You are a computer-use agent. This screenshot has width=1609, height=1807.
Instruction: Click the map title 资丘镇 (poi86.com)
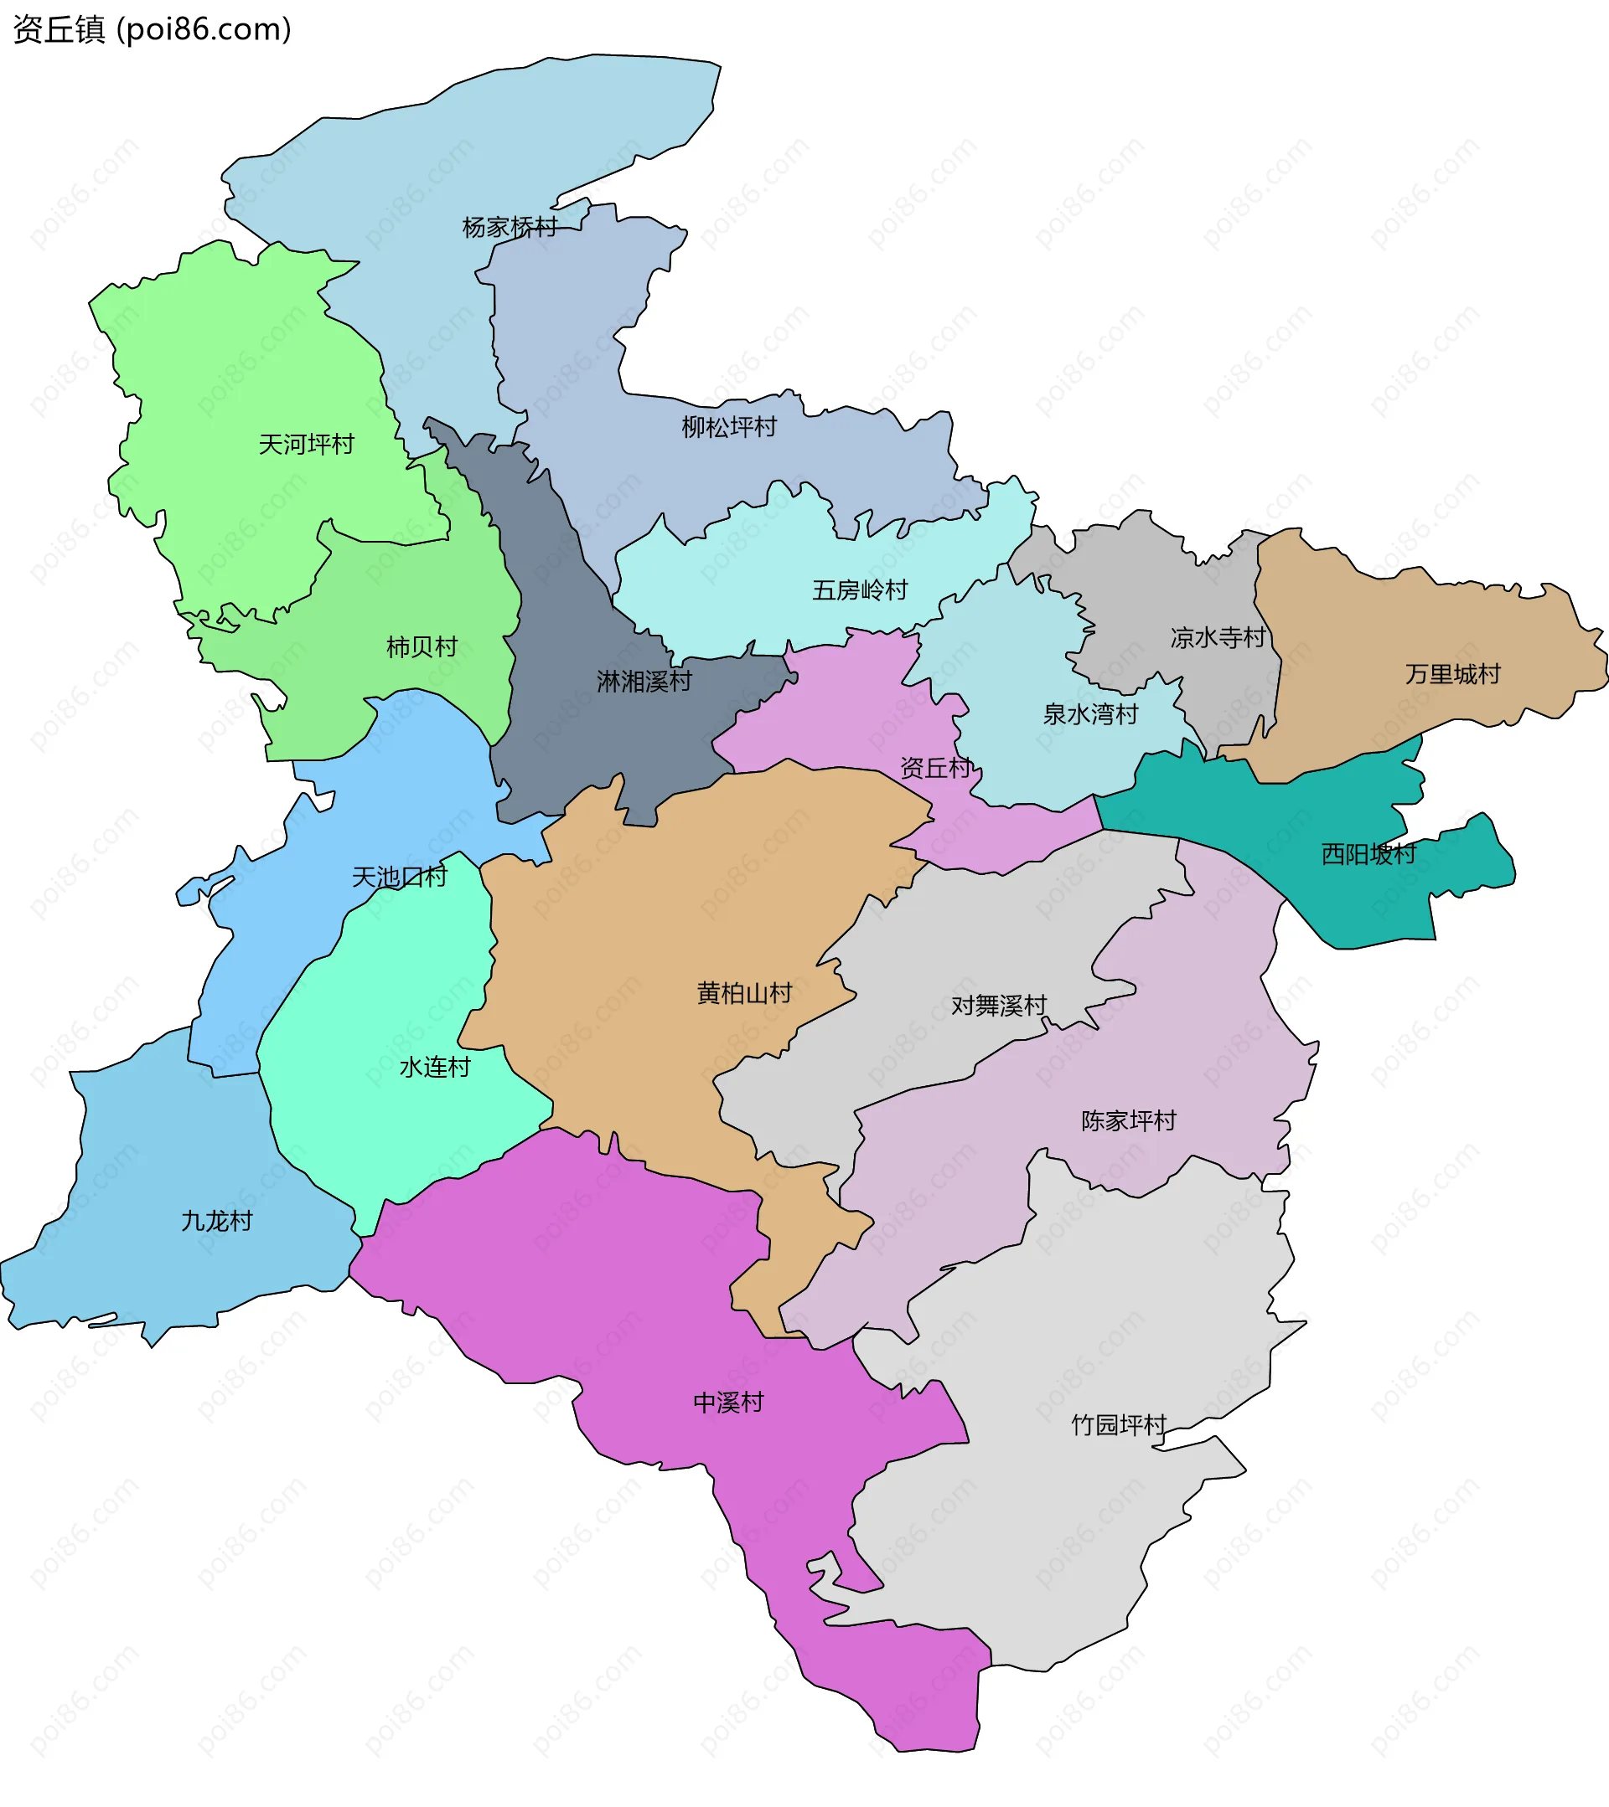click(x=153, y=30)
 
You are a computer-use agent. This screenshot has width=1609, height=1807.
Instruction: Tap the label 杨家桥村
click(x=510, y=228)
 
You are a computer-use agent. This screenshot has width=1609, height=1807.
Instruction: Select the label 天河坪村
click(x=306, y=445)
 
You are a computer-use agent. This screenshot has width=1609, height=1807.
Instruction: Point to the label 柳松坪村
click(x=729, y=428)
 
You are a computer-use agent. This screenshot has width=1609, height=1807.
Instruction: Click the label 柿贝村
click(x=422, y=647)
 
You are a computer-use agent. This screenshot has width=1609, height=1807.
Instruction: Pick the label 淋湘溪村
click(x=644, y=682)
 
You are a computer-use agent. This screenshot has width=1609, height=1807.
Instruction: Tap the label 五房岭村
click(x=860, y=590)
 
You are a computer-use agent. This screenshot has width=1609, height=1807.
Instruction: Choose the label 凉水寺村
click(x=1218, y=637)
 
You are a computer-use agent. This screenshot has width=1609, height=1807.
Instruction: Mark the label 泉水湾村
click(x=1089, y=714)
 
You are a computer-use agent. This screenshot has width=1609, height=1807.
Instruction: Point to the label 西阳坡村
click(x=1368, y=854)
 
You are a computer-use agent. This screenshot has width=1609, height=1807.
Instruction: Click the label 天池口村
click(x=400, y=877)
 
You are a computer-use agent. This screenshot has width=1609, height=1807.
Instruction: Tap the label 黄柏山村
click(x=744, y=994)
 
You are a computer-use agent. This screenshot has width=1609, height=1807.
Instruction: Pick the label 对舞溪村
click(x=999, y=1006)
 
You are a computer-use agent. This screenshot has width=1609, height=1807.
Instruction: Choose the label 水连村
click(x=434, y=1068)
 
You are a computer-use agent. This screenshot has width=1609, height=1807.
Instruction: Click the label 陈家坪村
click(x=1129, y=1121)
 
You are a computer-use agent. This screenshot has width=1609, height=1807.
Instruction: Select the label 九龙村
click(x=217, y=1222)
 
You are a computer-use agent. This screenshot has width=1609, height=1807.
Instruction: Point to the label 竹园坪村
click(x=1119, y=1425)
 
